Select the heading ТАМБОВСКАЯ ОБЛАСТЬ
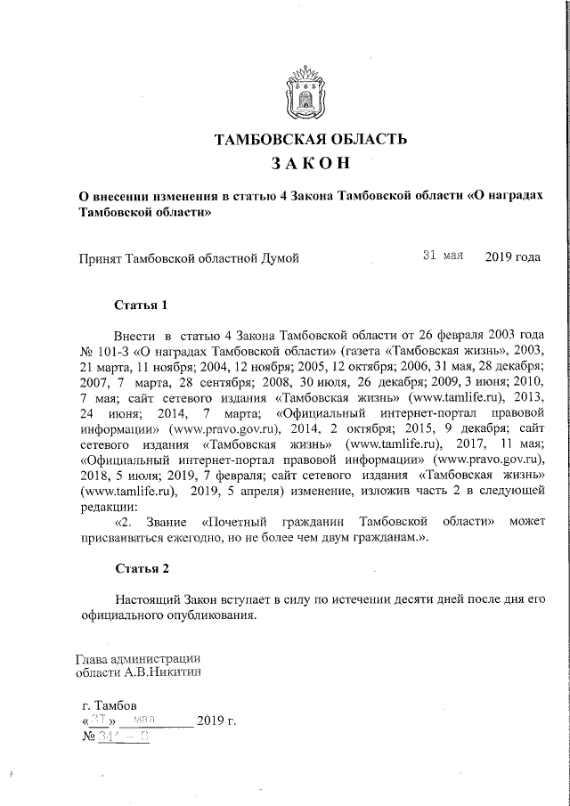tap(312, 139)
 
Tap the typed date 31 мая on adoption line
tap(444, 256)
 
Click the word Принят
tap(102, 258)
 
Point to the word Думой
tap(278, 258)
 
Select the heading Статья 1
tap(142, 305)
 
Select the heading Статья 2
tap(142, 567)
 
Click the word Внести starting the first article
tap(134, 335)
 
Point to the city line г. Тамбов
tap(109, 704)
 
